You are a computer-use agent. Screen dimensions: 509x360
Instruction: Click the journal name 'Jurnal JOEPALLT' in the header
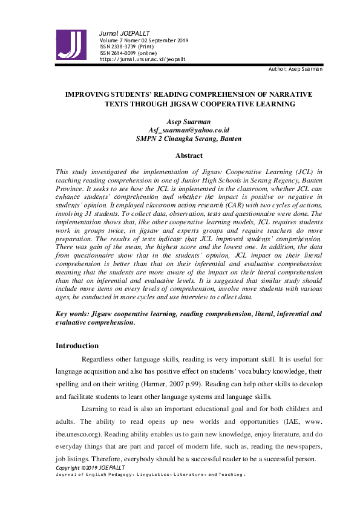coord(124,33)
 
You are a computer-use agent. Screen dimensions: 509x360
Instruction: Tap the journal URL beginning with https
coord(142,59)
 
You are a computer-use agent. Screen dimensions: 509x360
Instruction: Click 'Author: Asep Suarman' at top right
coord(295,70)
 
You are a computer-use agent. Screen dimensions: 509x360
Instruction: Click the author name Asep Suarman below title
coord(189,122)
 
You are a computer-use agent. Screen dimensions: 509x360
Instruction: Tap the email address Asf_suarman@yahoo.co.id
coord(189,130)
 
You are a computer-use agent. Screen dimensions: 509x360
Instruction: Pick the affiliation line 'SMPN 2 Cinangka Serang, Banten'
coord(189,138)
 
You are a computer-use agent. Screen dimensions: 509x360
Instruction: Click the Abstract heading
coord(189,155)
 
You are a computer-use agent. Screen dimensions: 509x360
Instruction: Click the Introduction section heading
coord(77,346)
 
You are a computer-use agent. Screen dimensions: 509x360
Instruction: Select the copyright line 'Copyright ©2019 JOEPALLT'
coord(90,468)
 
